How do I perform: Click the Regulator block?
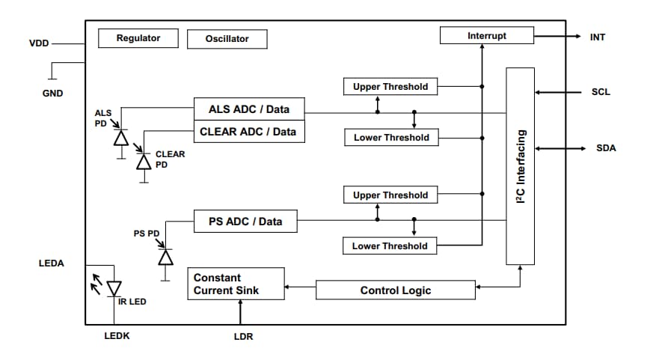(x=138, y=38)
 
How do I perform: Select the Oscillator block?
(x=227, y=39)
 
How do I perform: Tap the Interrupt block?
(x=486, y=35)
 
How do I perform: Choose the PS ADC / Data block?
(x=245, y=222)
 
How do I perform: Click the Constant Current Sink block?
(x=236, y=284)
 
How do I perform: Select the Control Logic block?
(x=396, y=290)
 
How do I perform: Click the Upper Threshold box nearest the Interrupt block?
(x=390, y=87)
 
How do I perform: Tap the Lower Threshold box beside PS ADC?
(x=390, y=245)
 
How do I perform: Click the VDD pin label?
(x=39, y=43)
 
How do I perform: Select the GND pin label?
(x=52, y=94)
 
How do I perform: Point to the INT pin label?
(x=598, y=37)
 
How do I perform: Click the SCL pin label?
(x=600, y=92)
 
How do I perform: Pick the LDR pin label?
(x=243, y=337)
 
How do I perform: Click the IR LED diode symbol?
(x=114, y=288)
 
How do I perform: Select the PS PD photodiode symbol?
(x=165, y=257)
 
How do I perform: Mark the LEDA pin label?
(x=52, y=263)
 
